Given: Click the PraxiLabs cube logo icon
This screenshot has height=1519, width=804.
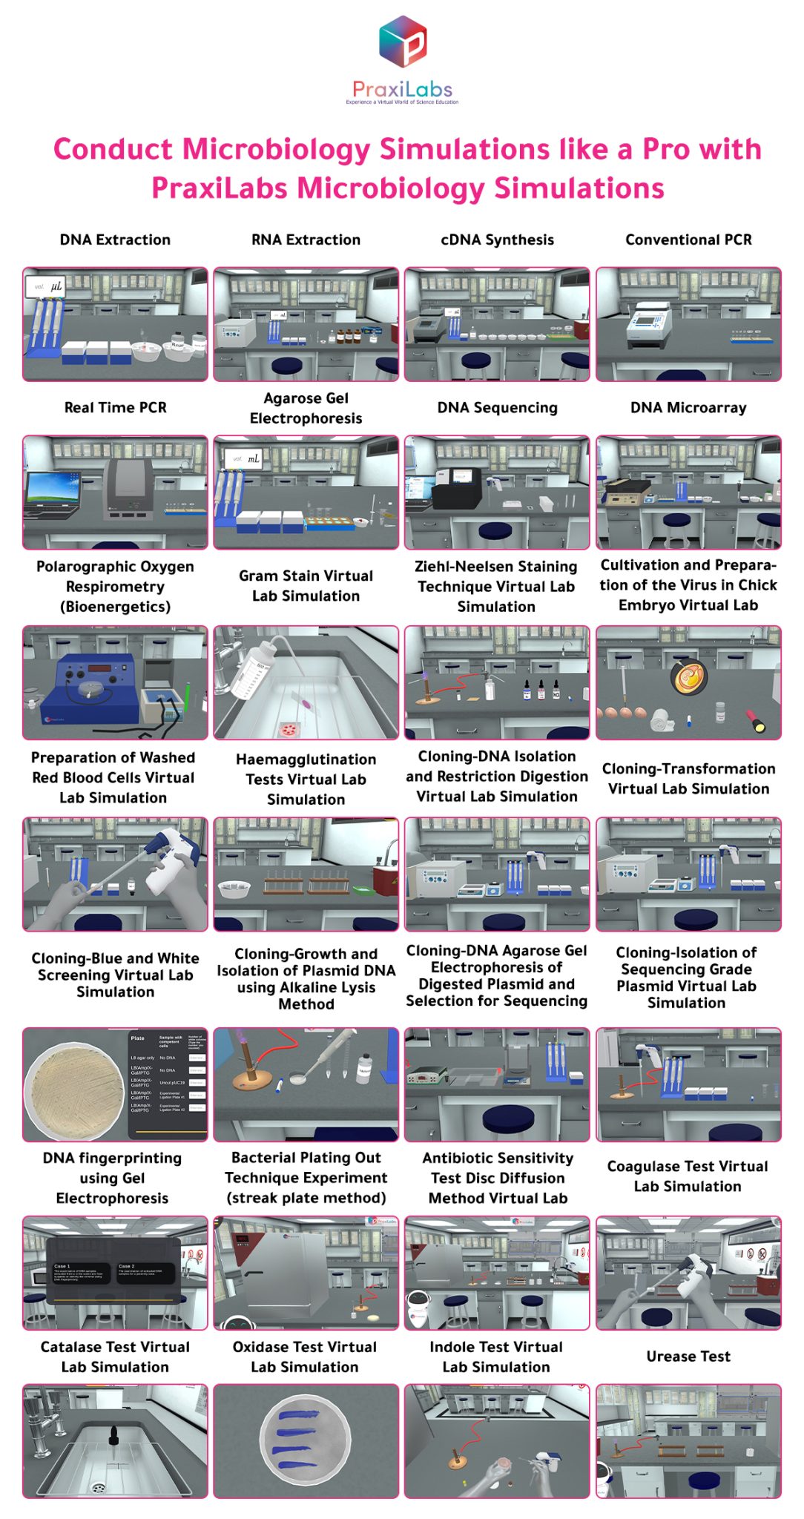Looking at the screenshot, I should click(402, 42).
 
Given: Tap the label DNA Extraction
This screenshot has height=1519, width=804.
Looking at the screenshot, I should click(115, 240).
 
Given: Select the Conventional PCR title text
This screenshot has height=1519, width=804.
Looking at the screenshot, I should click(688, 240).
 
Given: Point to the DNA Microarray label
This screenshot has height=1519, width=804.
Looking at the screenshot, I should click(688, 407).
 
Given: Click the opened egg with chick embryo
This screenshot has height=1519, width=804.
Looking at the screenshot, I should click(689, 676).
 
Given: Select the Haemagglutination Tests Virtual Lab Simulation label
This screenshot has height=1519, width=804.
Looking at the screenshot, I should click(306, 779).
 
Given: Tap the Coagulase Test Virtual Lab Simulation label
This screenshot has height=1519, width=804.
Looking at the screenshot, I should click(688, 1176).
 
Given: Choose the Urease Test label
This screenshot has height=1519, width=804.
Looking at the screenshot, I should click(688, 1356).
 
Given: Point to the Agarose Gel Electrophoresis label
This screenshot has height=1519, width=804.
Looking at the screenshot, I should click(306, 408).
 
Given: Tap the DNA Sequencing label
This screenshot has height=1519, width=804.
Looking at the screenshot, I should click(497, 407).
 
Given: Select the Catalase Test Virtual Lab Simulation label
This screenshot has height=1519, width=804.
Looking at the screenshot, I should click(115, 1357).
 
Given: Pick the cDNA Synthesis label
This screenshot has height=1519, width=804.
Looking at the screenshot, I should click(497, 240).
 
